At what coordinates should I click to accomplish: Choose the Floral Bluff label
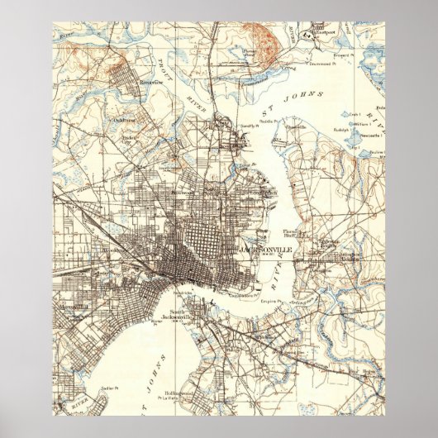click(297, 234)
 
